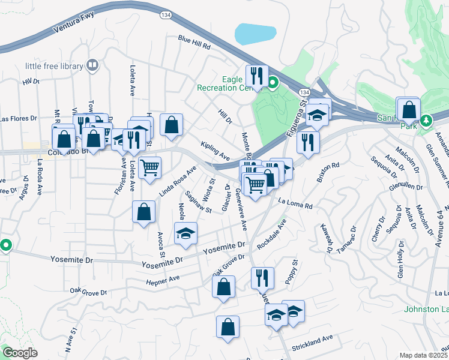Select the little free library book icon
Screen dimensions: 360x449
coord(92,64)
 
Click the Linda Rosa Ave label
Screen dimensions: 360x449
coord(178,181)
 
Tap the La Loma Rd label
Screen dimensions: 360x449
coord(296,204)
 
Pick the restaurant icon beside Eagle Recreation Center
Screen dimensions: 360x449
coord(256,76)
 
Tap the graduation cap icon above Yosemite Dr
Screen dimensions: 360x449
coord(186,233)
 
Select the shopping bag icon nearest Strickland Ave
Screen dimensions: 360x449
coord(228,327)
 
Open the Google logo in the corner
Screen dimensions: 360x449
coord(20,353)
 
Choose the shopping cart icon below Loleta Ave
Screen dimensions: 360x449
coord(149,167)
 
